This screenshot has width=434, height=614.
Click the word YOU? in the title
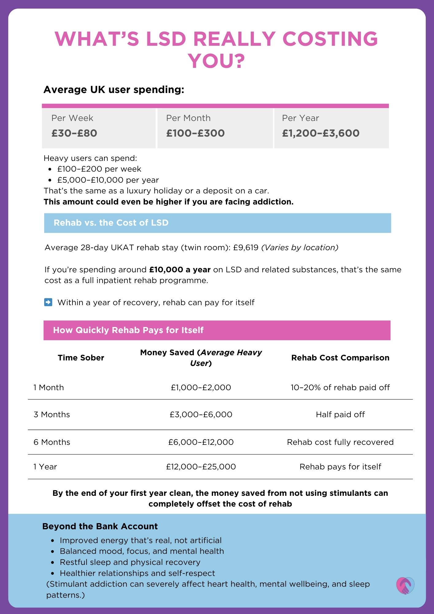tap(217, 61)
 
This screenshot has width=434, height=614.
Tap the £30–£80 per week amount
tap(74, 133)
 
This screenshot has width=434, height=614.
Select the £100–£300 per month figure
tap(196, 133)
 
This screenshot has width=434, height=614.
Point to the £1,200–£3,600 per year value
tap(321, 133)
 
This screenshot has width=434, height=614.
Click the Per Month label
tap(188, 118)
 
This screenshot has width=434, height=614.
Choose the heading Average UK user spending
tap(114, 89)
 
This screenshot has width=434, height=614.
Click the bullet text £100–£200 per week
tap(99, 169)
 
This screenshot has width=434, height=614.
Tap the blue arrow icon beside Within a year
tap(48, 302)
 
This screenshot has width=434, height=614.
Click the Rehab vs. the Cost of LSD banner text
tap(111, 223)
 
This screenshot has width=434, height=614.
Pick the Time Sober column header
tap(81, 358)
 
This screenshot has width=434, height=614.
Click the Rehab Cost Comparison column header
tap(340, 358)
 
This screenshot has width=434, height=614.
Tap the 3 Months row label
tap(52, 414)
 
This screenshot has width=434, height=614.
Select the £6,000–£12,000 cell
tap(201, 442)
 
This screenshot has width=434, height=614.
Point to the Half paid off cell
tap(340, 414)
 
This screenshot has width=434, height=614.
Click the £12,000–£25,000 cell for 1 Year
tap(201, 467)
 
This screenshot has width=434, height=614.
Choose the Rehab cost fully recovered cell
tap(340, 442)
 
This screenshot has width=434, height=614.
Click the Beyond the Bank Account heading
tap(100, 526)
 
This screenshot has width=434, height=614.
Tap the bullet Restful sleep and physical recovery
tap(130, 562)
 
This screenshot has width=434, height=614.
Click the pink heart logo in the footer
tap(405, 585)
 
